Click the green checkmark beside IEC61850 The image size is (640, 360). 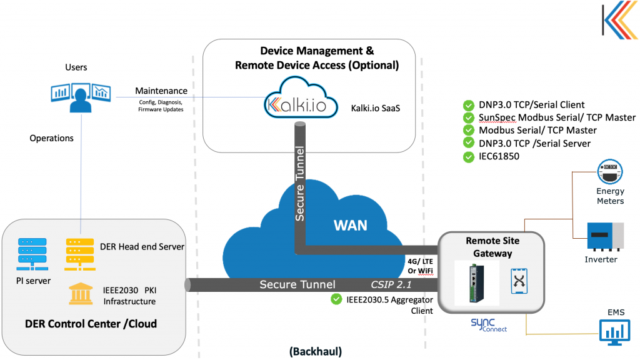(468, 157)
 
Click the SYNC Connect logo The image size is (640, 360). (488, 324)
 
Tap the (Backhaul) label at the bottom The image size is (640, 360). (316, 351)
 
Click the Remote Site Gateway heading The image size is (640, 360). (492, 247)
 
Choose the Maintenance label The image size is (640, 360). (161, 91)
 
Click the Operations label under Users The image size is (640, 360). (51, 138)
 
